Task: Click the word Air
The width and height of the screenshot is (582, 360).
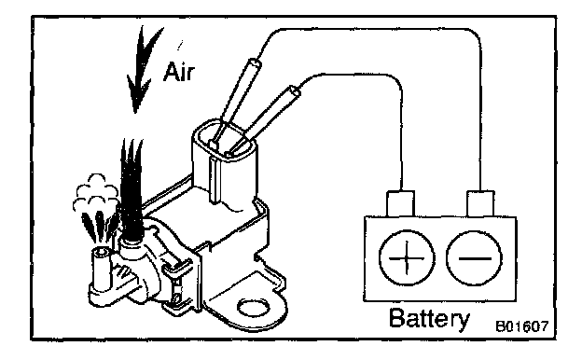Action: click(x=179, y=72)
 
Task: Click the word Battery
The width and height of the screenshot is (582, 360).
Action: click(x=429, y=318)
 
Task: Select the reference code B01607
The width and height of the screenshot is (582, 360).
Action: click(x=522, y=326)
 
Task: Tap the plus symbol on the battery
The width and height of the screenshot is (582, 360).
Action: click(x=407, y=257)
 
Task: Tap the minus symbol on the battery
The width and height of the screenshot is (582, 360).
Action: click(x=475, y=258)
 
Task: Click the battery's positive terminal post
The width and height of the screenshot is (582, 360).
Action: click(x=400, y=203)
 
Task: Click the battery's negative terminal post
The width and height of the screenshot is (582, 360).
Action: click(x=480, y=203)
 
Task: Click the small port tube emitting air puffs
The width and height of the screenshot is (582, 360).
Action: click(x=100, y=268)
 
